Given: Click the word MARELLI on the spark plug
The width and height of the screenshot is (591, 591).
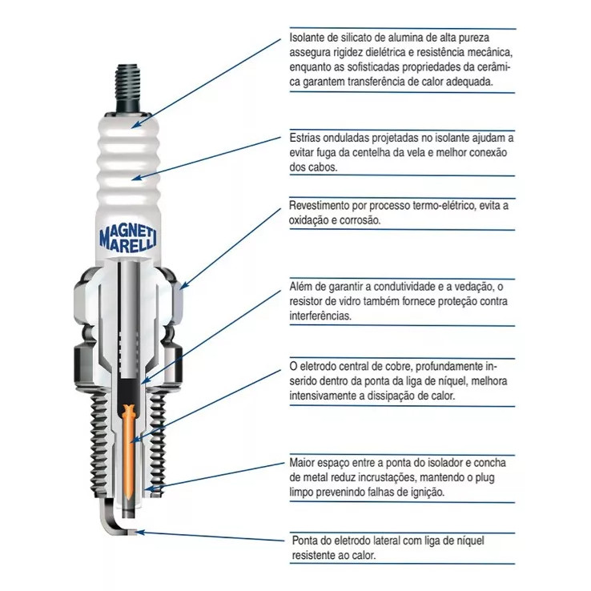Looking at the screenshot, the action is (129, 243).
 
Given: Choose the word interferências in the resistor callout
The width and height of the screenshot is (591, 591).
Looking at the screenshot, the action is (320, 316).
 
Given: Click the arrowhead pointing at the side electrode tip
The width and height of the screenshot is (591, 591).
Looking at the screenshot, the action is (139, 533).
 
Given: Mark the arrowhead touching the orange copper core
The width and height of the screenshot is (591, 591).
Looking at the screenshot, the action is (135, 439).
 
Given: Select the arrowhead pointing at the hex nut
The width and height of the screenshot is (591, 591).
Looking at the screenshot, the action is (184, 285).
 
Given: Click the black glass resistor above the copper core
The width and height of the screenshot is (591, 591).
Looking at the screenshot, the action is (129, 392).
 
